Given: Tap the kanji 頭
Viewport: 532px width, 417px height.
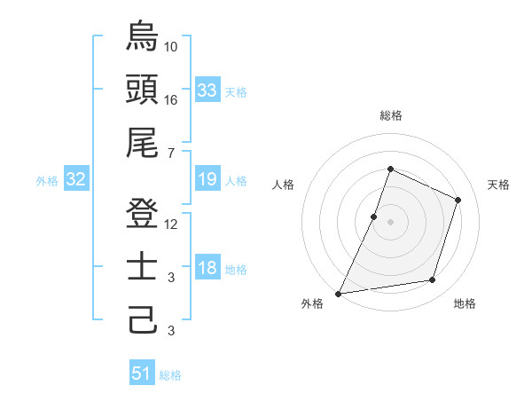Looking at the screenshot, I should [142, 89].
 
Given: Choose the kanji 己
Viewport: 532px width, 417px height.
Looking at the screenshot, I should [142, 319].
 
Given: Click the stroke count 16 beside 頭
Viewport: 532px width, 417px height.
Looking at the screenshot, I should [171, 100].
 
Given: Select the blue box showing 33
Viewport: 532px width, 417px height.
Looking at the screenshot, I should [207, 90].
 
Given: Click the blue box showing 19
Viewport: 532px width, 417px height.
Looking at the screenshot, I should [207, 180].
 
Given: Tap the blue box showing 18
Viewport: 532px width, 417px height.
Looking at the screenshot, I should [207, 269].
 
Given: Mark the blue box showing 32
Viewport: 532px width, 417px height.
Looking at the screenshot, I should [75, 180].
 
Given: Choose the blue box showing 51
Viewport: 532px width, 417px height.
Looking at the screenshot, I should [142, 374].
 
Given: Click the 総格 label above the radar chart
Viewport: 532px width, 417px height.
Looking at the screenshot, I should [390, 115].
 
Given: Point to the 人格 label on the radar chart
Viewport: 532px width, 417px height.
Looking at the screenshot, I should [284, 185].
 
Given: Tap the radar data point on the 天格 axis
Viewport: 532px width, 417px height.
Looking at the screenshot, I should [458, 200].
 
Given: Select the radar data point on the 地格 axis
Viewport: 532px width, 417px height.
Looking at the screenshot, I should [433, 280].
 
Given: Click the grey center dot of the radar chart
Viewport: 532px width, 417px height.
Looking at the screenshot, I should [390, 222].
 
